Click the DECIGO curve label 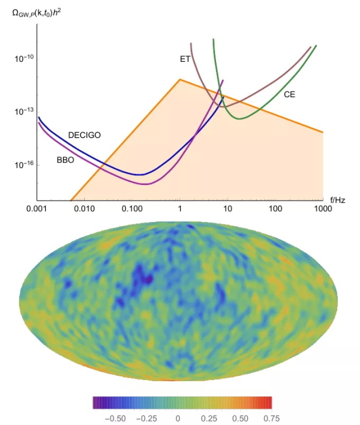84,135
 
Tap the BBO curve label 65,160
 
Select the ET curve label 185,59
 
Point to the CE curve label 289,94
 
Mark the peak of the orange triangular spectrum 179,79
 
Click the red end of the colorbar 269,402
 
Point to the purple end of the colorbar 95,402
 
